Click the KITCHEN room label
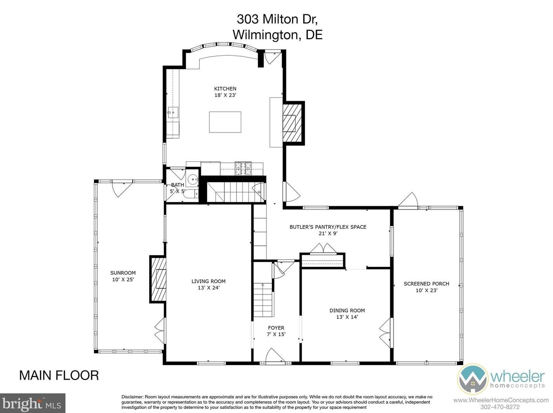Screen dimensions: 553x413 [x=225, y=89]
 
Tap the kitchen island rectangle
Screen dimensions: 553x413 [x=225, y=122]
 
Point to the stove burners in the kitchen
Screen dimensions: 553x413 [x=243, y=169]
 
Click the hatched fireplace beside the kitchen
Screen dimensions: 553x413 [x=292, y=123]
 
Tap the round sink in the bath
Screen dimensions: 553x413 [x=193, y=180]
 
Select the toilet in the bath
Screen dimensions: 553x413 [x=191, y=194]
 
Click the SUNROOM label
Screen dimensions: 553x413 [x=123, y=273]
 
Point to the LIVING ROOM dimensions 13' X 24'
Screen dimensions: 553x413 [x=209, y=287]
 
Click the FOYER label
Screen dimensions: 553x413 [x=276, y=328]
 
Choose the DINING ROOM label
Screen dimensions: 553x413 [x=347, y=310]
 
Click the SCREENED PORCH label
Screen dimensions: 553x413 [x=426, y=284]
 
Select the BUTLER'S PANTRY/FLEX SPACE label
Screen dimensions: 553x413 [x=328, y=227]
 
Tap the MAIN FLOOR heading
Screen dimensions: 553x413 [x=59, y=375]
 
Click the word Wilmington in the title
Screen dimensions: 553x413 [x=267, y=35]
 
